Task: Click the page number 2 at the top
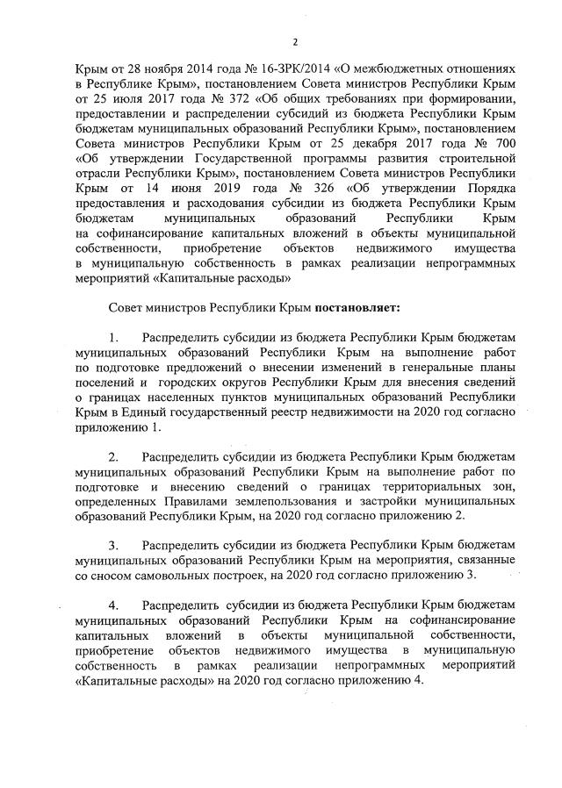(x=295, y=41)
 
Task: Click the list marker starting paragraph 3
(x=113, y=542)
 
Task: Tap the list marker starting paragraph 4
(x=113, y=605)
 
